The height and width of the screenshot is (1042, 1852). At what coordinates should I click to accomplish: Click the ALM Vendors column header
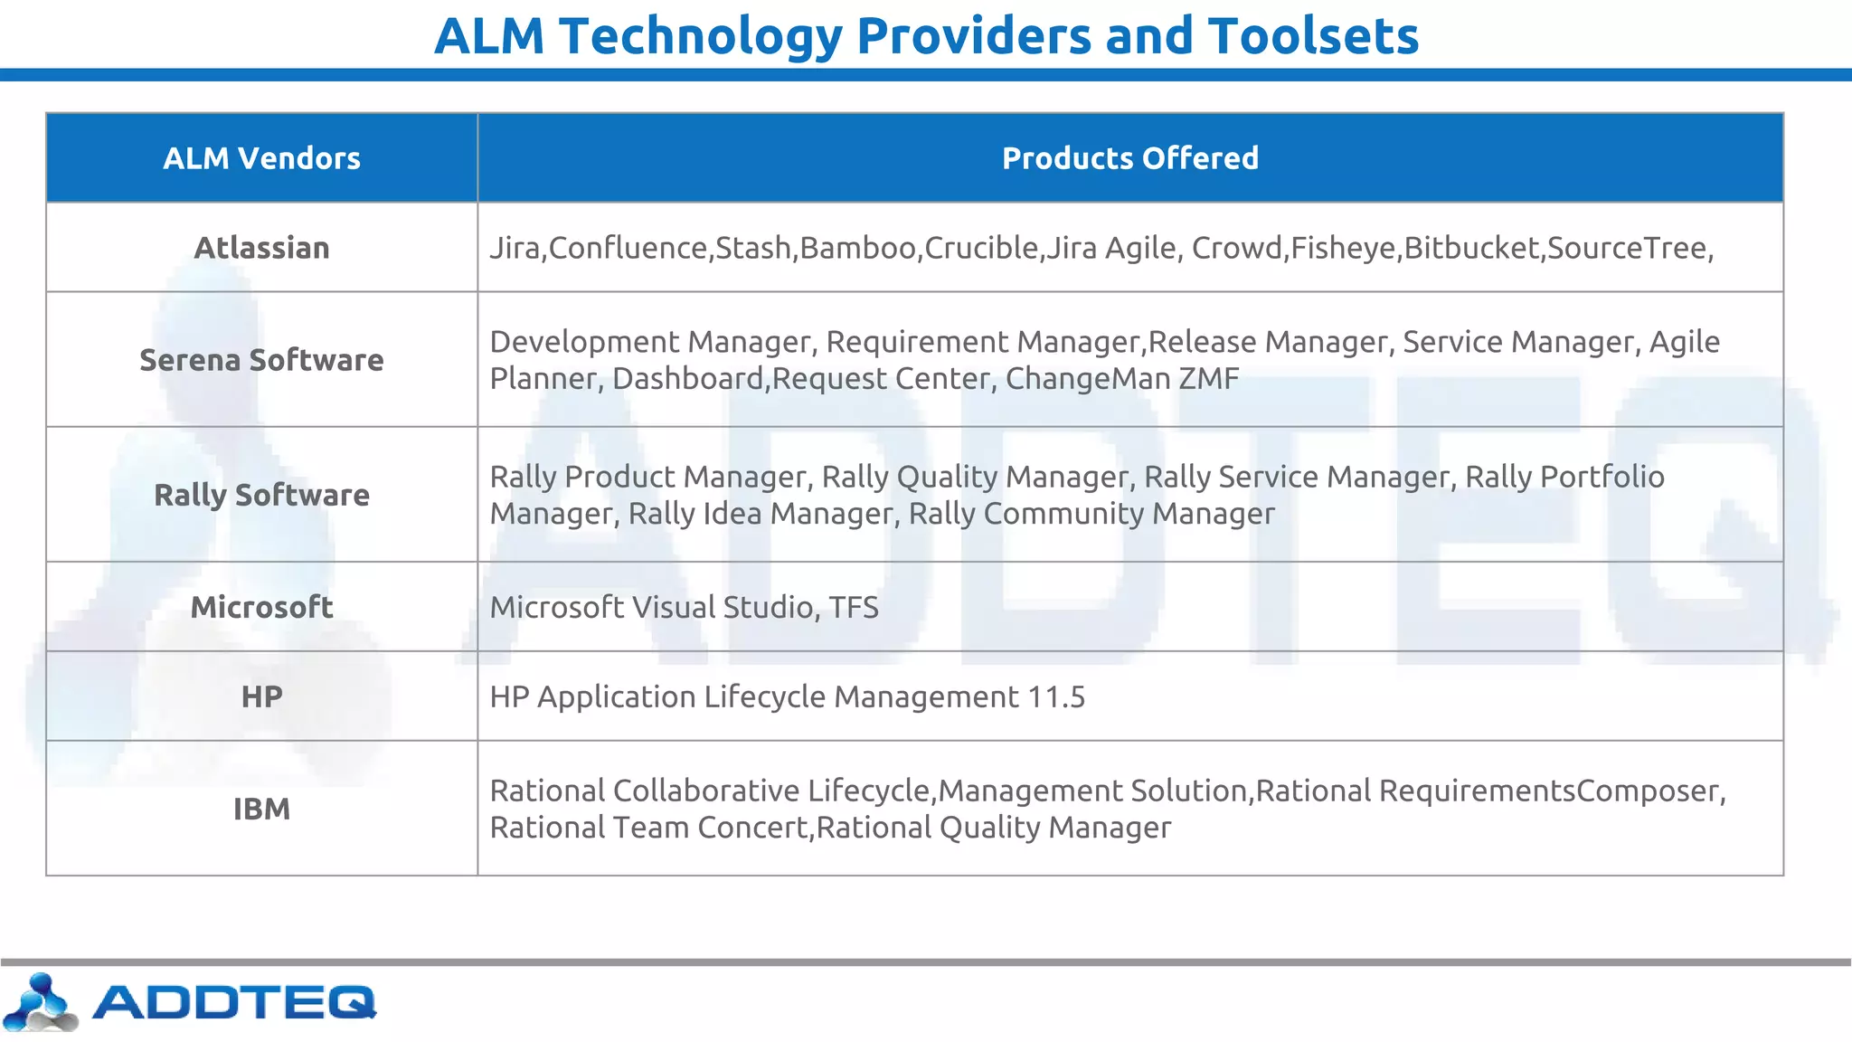[x=261, y=158]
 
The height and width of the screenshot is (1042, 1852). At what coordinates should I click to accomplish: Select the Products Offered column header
[x=1129, y=158]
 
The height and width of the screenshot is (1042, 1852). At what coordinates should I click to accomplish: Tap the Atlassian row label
[x=261, y=248]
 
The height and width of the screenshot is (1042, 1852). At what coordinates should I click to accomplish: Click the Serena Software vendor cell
[x=261, y=360]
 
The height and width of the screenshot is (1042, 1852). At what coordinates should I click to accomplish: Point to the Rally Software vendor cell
[x=261, y=495]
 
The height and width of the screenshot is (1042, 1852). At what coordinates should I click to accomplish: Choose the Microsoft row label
[x=261, y=607]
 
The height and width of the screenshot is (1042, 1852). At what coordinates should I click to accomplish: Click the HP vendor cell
[x=261, y=696]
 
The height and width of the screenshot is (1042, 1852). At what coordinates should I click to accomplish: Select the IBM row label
[x=261, y=809]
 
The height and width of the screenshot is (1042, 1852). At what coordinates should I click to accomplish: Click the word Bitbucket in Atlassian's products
[x=1470, y=248]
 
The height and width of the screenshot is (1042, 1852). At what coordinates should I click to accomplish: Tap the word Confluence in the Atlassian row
[x=628, y=248]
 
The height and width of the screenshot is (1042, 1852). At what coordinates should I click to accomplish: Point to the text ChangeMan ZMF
[x=1121, y=378]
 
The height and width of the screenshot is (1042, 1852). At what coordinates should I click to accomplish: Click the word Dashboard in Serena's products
[x=687, y=378]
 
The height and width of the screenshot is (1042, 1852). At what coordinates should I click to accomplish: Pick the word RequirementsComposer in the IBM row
[x=1549, y=791]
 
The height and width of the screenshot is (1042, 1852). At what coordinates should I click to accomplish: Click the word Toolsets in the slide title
[x=1313, y=36]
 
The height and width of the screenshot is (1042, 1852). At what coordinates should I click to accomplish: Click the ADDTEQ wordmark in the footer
[x=234, y=1002]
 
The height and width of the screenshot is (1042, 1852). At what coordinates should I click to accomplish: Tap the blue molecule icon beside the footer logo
[x=40, y=1002]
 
